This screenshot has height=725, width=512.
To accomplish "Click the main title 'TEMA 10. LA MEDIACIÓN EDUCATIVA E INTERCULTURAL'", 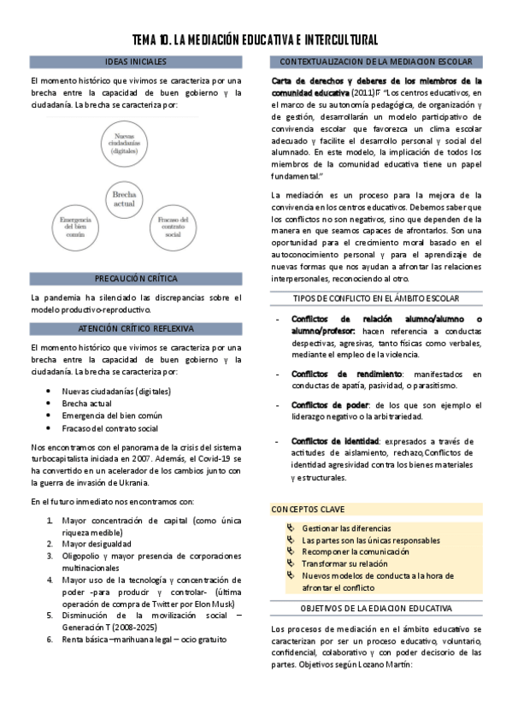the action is coord(256,40).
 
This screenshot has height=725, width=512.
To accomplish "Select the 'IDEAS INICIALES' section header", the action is coord(136,62).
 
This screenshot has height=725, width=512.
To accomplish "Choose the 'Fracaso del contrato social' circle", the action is coord(174,227).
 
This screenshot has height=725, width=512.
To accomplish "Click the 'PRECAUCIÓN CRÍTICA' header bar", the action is coord(136,279).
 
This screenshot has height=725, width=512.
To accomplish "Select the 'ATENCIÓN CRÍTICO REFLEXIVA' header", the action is coord(136,328).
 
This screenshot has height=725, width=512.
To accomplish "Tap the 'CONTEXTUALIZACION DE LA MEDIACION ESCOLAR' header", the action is coord(376,62).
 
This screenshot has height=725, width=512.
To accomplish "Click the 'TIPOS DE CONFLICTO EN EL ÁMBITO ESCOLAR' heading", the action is coord(376,298).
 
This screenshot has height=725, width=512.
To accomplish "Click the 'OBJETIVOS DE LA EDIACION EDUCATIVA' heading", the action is coord(376,608).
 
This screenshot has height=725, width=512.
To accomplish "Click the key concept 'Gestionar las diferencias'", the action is coord(346,528).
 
